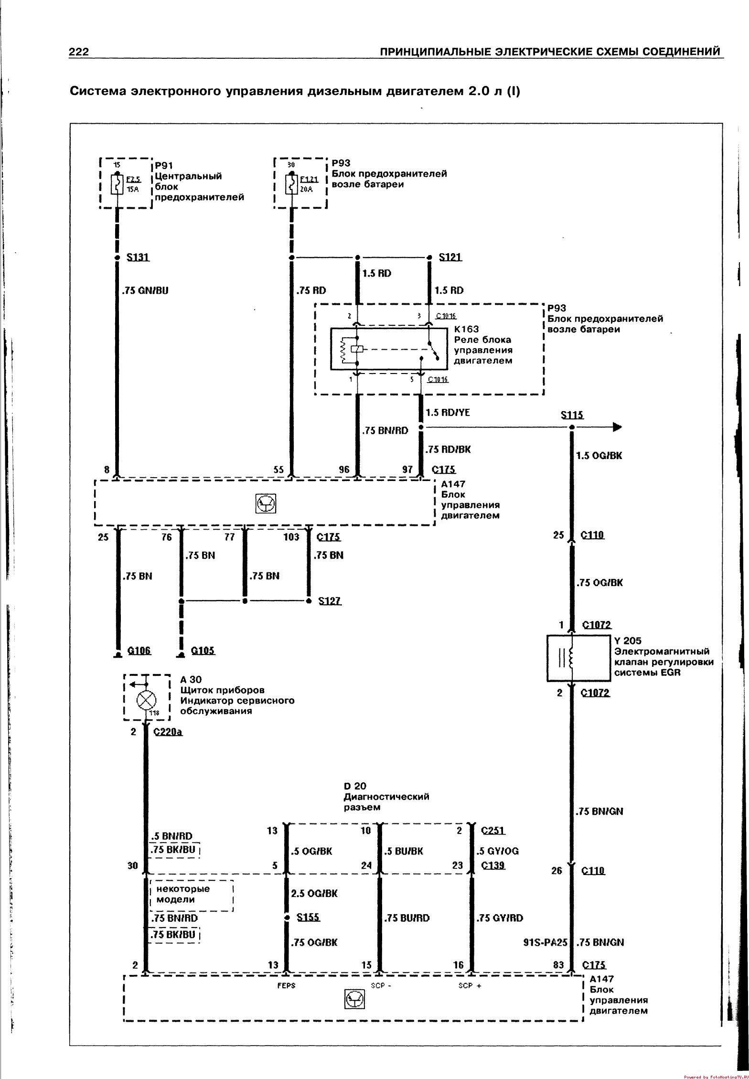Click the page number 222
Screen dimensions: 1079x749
click(79, 52)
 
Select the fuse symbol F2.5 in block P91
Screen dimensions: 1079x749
click(116, 184)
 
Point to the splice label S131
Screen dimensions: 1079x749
click(138, 257)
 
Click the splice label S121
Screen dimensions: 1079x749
click(450, 257)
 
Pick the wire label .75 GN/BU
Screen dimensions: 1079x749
click(145, 290)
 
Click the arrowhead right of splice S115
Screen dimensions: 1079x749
click(617, 427)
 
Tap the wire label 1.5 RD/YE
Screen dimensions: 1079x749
click(448, 412)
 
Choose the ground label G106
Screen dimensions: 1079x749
click(139, 650)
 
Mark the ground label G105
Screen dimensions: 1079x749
click(203, 650)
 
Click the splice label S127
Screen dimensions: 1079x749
click(330, 600)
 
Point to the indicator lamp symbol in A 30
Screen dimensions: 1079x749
click(144, 701)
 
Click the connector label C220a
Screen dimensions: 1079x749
click(169, 732)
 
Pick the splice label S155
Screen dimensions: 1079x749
click(308, 917)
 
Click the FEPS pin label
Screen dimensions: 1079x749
click(286, 985)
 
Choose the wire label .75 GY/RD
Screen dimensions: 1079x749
click(500, 918)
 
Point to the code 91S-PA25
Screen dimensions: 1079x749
click(546, 942)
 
